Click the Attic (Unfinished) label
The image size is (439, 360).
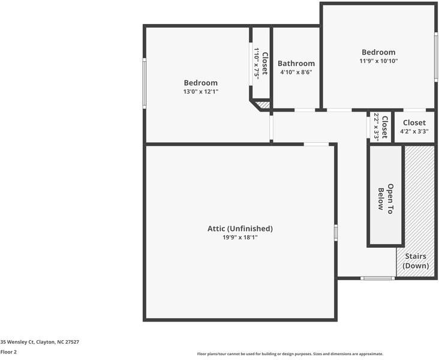point(240,229)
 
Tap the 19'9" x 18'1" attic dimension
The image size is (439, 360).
point(240,238)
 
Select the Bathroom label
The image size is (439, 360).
point(296,64)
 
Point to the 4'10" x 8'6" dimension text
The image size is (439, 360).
point(296,73)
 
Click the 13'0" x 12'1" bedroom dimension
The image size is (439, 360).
point(200,92)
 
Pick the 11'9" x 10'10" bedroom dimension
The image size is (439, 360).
point(378,61)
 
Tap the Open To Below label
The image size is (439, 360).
point(385,196)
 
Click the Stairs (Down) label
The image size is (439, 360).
point(416,261)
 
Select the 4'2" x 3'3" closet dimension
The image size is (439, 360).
point(414,132)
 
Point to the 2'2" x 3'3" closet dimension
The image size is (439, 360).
point(377,127)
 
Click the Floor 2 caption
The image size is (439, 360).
point(8,352)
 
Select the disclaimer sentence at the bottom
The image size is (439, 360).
point(290,354)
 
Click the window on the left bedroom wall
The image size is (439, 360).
point(145,83)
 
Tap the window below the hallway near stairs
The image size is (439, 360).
point(377,278)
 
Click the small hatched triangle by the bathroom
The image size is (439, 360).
point(263,105)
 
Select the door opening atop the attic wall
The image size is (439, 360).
point(316,144)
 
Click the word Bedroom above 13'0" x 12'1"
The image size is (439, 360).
point(200,83)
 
